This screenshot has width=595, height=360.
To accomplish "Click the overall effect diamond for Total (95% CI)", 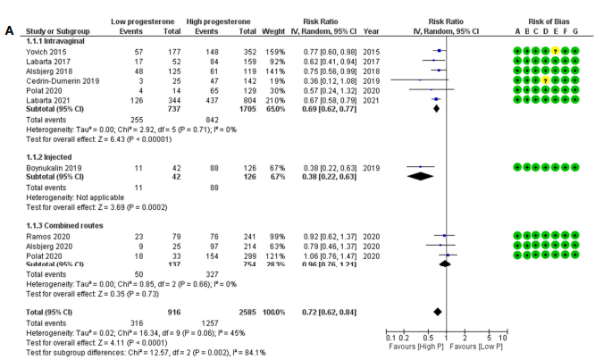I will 437,312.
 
